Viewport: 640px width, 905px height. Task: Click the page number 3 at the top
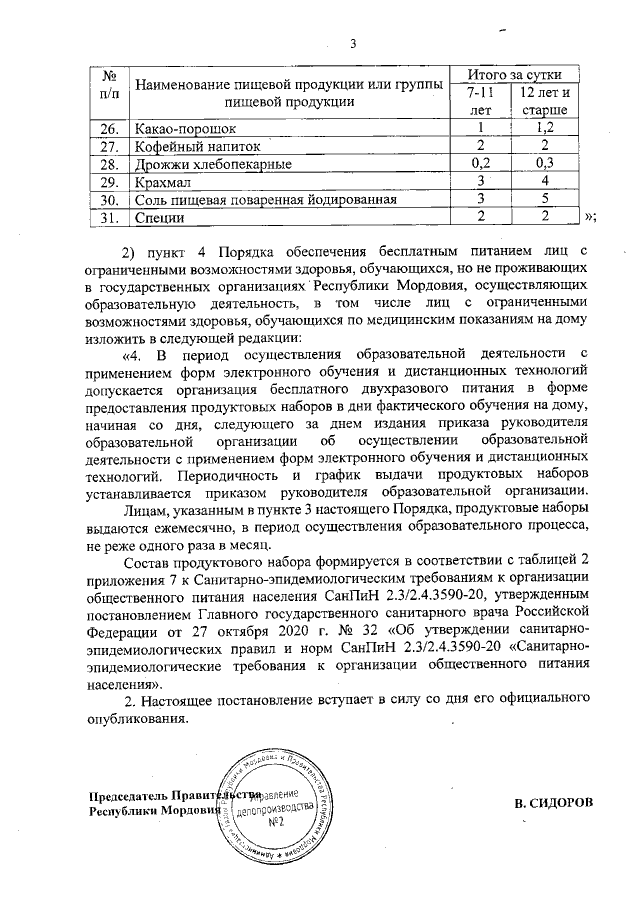pyautogui.click(x=353, y=42)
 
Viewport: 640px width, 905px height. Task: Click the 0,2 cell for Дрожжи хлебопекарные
pyautogui.click(x=481, y=164)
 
